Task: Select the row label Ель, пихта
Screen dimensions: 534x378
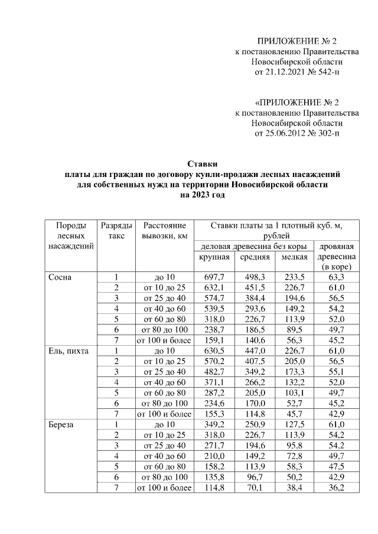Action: (69, 350)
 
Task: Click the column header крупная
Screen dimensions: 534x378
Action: (214, 257)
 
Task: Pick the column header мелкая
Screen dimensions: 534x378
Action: (294, 257)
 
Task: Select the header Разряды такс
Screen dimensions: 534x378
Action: (116, 231)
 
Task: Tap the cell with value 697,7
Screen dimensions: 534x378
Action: (214, 277)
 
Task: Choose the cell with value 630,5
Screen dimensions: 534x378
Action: (214, 350)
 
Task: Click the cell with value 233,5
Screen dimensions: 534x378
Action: (294, 277)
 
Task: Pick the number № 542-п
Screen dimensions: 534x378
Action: (325, 72)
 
